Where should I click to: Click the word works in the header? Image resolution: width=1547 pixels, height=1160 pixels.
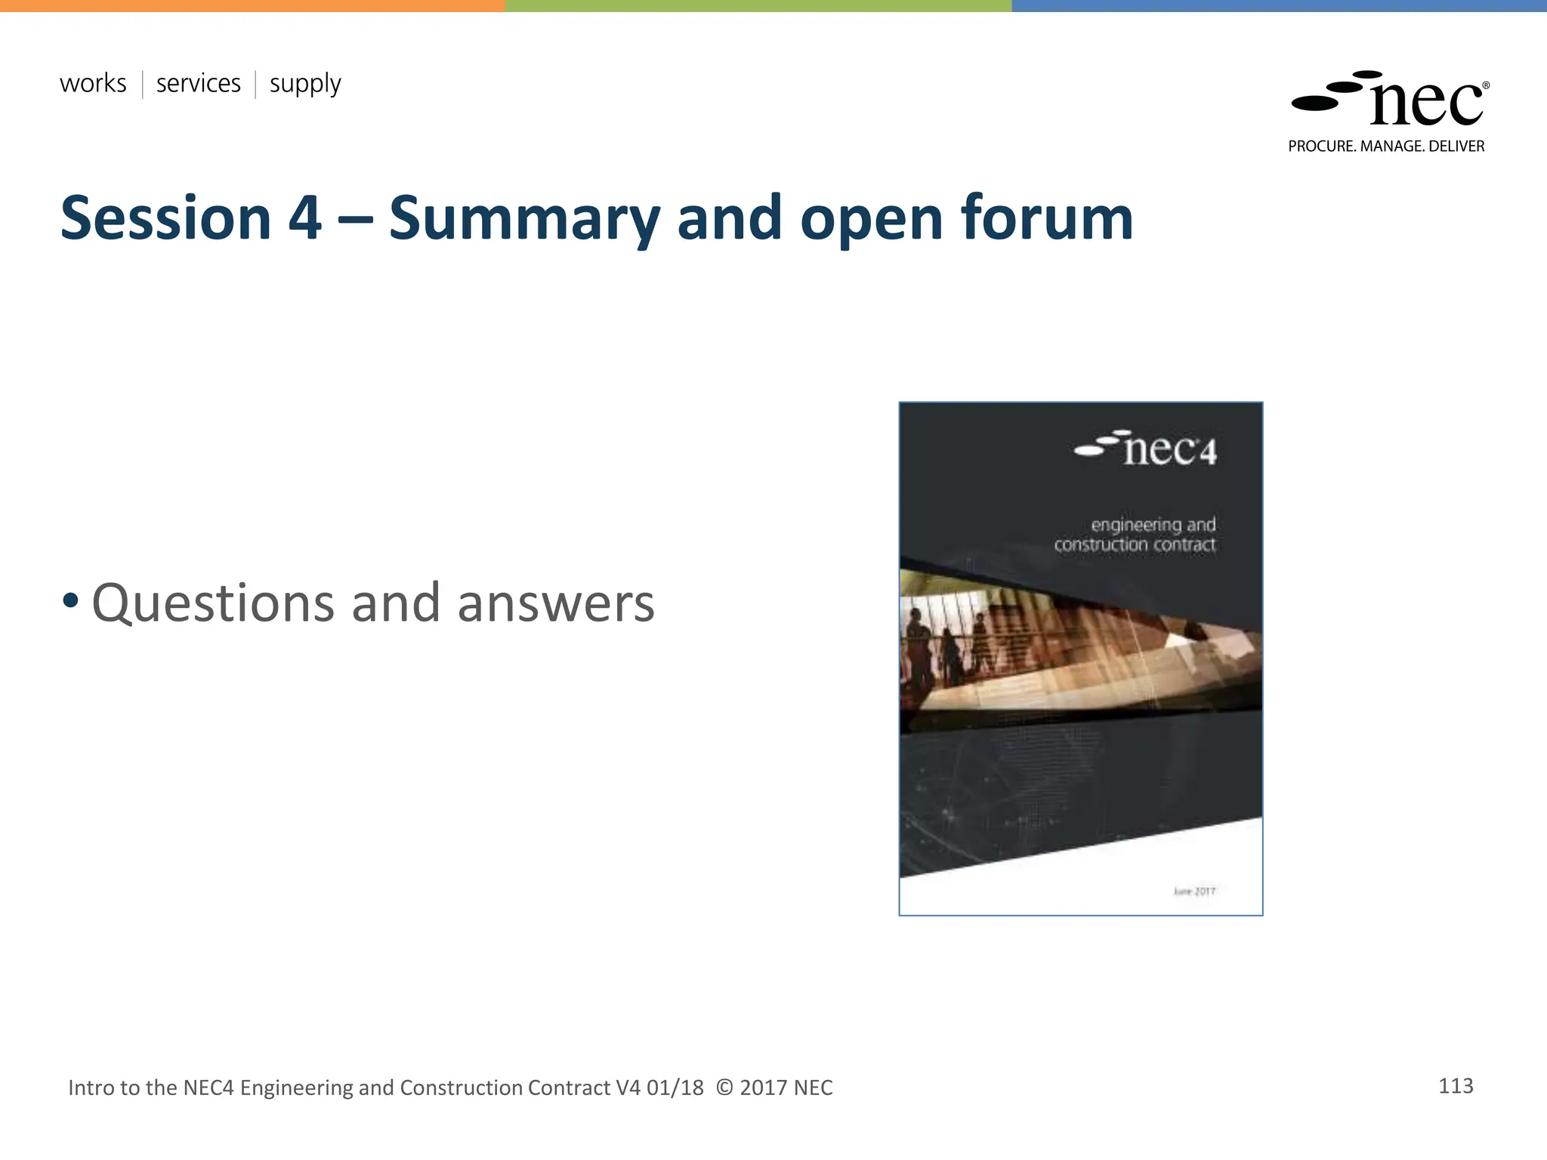(93, 83)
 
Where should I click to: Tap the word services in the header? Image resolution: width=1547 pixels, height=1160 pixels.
(198, 83)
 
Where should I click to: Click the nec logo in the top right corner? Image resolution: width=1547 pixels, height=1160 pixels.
(1390, 100)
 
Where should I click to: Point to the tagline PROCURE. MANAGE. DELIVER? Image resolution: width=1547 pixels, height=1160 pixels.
(1386, 147)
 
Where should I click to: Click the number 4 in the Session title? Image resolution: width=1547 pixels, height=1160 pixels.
(305, 218)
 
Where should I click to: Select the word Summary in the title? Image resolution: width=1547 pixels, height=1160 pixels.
(524, 218)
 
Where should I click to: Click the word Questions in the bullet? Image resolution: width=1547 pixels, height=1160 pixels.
(213, 604)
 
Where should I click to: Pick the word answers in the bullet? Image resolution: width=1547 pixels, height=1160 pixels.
(556, 604)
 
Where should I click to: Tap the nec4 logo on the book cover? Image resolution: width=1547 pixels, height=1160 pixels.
(1146, 449)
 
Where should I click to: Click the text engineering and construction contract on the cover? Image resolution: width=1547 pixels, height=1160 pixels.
(1135, 534)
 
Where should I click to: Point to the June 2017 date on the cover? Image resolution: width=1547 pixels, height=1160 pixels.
(1194, 891)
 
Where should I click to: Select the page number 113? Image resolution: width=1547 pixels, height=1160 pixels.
(1456, 1086)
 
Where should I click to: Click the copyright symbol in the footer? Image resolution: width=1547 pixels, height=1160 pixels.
(724, 1087)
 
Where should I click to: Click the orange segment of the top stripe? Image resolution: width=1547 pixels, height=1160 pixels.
(252, 5)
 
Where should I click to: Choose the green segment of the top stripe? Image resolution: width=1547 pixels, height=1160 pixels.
(758, 5)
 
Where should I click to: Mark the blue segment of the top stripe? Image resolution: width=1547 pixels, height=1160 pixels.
(1279, 5)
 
